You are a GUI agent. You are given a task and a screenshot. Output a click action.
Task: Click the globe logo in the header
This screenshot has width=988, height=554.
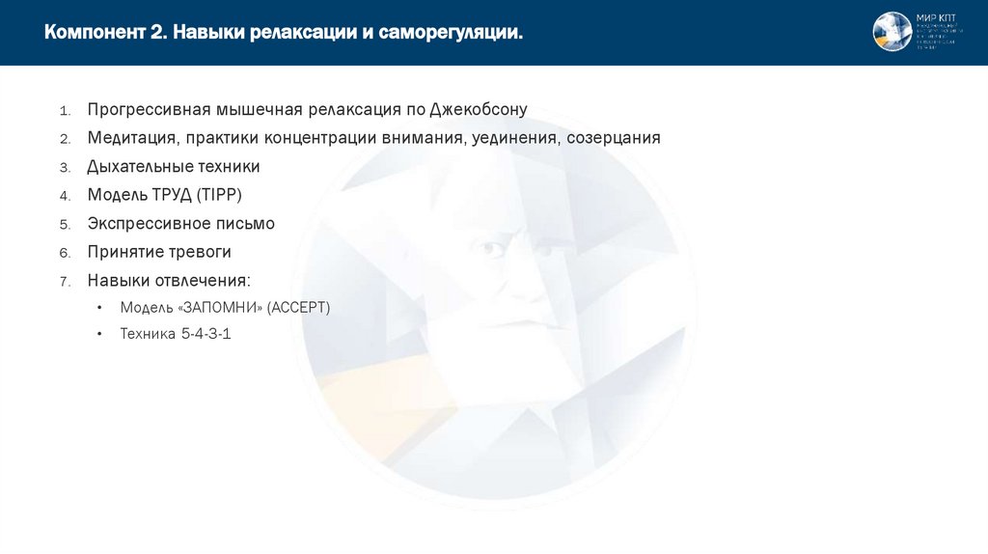pos(892,32)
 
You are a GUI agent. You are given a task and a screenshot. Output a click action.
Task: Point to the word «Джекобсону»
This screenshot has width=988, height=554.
pos(479,109)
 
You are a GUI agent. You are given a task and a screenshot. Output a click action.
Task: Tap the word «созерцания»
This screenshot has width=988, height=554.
pos(614,138)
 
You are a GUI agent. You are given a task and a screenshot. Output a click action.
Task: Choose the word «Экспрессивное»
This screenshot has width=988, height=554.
pos(149,224)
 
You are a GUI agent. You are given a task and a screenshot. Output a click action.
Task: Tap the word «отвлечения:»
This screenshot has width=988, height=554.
pos(205,281)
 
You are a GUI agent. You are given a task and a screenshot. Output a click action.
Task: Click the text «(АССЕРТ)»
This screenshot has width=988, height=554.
pos(299,308)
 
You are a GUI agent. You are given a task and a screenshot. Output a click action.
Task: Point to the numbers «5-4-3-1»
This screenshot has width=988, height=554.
pos(206,335)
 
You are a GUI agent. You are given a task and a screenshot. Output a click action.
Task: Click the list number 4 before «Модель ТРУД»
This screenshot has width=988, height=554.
pos(65,196)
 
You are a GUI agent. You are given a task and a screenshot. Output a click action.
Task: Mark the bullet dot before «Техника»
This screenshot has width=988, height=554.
pos(100,335)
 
